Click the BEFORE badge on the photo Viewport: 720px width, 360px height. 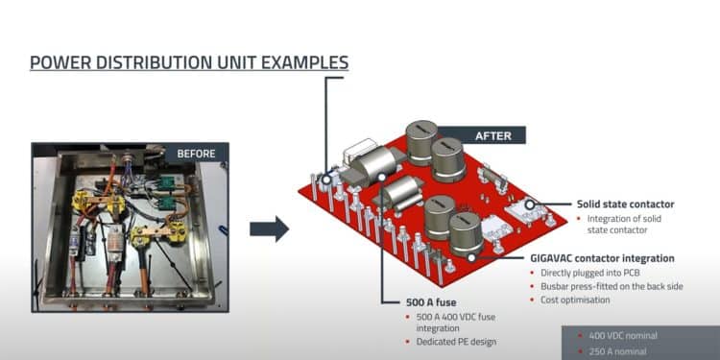click(x=197, y=153)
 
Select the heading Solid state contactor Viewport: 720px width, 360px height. click(x=625, y=204)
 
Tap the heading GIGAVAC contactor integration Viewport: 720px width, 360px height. click(x=602, y=258)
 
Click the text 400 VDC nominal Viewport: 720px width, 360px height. click(x=626, y=335)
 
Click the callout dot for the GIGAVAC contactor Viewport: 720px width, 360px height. click(x=473, y=257)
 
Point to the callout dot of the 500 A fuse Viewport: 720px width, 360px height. click(x=382, y=177)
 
